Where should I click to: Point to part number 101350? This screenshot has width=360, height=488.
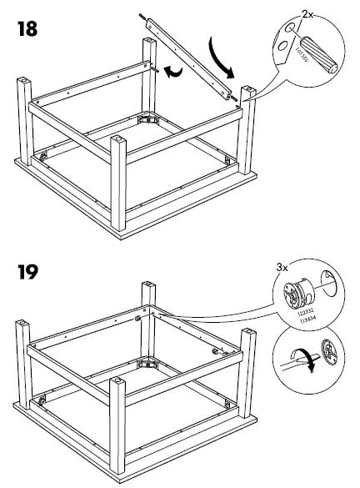click(x=302, y=61)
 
